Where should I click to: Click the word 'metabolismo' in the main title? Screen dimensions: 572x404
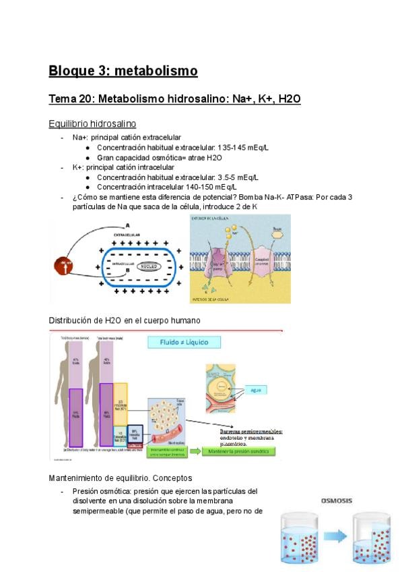click(x=158, y=71)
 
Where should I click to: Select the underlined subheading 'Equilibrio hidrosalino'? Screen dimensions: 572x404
click(x=92, y=123)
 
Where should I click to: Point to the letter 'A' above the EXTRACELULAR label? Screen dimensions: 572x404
click(x=127, y=226)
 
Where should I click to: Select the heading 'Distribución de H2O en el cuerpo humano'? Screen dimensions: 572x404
click(x=125, y=319)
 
